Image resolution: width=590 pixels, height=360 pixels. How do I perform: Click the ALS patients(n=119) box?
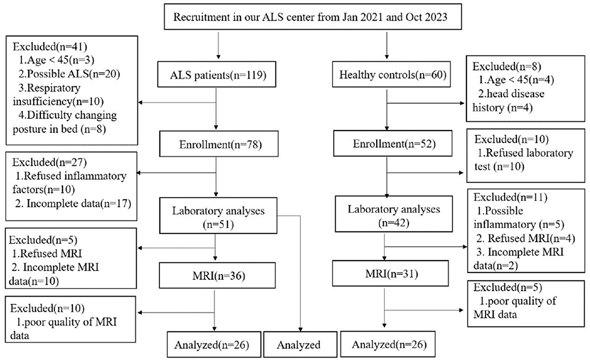(218, 75)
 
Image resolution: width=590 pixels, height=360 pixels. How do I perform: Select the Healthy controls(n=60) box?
(392, 75)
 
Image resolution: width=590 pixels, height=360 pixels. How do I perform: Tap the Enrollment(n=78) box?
(219, 144)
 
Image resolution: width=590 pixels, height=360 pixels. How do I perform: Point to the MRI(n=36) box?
(217, 275)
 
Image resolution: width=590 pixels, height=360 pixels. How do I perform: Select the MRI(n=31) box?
(391, 273)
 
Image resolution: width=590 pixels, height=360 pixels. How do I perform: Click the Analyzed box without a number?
(300, 344)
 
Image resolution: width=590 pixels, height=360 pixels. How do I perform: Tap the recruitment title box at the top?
(313, 17)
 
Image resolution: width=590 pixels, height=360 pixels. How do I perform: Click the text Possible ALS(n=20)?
(74, 74)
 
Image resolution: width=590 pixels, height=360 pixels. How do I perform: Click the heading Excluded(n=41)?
(49, 46)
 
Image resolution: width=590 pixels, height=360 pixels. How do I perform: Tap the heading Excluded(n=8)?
(507, 66)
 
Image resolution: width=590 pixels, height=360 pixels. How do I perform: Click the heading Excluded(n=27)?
(49, 162)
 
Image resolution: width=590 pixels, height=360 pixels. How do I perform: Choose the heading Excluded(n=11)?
(510, 197)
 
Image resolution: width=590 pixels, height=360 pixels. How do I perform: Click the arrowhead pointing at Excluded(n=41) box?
(141, 102)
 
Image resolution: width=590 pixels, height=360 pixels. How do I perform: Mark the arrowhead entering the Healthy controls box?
(387, 56)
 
